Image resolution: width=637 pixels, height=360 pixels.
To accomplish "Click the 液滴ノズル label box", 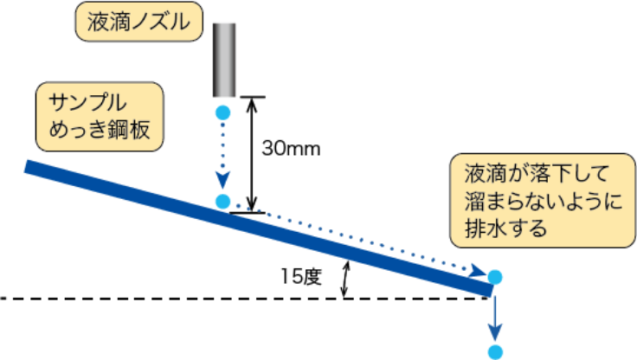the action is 139,22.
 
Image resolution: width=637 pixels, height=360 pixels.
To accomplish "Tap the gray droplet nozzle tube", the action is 224,60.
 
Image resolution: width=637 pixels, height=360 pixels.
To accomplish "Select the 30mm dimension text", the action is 291,148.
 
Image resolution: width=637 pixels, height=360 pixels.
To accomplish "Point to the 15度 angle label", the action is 301,277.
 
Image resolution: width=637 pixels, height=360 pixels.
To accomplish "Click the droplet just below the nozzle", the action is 222,112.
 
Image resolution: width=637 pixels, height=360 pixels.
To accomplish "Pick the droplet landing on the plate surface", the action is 222,201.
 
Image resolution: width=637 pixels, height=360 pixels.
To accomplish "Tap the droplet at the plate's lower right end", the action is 495,277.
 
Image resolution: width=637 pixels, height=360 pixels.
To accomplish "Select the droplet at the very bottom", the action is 495,352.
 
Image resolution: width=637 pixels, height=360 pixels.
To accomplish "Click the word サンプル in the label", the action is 87,103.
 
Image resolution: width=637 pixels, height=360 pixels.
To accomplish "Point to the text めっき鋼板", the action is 100,130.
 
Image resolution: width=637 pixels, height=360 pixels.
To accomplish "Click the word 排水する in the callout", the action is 506,228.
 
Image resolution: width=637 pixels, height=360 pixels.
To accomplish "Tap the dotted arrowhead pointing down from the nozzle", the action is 222,180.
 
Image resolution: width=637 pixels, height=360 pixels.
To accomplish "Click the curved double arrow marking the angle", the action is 345,280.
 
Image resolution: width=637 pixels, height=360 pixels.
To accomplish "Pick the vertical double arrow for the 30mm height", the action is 252,155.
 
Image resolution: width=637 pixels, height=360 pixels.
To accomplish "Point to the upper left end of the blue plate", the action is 26,167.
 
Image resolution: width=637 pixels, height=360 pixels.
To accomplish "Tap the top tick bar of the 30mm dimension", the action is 252,97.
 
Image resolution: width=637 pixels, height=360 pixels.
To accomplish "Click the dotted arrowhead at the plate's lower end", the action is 478,270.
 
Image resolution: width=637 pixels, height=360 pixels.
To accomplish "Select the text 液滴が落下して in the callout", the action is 537,174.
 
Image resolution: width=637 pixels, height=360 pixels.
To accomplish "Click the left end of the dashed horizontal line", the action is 2,299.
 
